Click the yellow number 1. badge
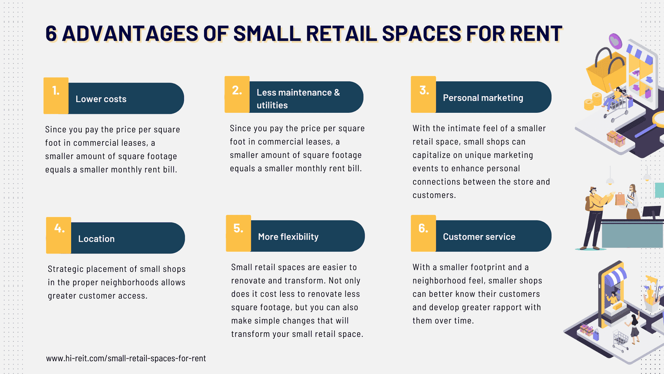click(56, 95)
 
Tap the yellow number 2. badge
click(237, 95)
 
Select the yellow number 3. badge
click(423, 95)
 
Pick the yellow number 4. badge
click(58, 235)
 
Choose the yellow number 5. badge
click(238, 233)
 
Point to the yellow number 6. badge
click(423, 233)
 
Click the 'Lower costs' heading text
click(101, 99)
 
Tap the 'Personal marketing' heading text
click(483, 98)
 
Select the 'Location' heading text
click(97, 239)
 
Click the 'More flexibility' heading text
click(288, 237)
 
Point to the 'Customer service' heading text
click(479, 237)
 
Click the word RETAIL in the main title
click(341, 33)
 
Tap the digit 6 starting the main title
click(51, 33)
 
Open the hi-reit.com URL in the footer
click(126, 358)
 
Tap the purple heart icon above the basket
click(615, 41)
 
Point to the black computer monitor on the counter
click(651, 212)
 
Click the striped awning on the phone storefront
click(615, 276)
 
